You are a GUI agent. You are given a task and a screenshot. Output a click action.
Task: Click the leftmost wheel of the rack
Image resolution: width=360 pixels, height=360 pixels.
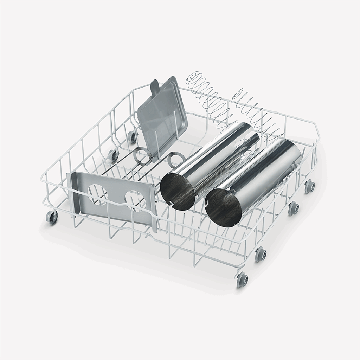click(x=52, y=218)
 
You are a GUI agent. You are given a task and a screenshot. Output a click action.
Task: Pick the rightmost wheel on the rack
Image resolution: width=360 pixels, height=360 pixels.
click(x=309, y=186)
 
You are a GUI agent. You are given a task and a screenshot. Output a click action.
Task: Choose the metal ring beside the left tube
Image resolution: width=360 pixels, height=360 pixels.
click(x=174, y=160)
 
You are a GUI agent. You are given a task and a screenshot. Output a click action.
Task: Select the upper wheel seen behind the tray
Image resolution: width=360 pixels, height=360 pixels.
click(x=132, y=137)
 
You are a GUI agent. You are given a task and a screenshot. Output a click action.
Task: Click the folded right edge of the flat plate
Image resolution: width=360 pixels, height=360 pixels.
click(x=153, y=207)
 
